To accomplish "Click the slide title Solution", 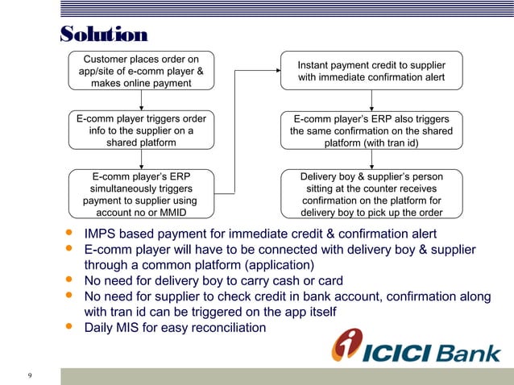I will pos(104,35).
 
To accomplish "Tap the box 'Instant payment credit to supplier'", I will pos(371,71).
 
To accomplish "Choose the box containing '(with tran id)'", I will pos(371,130).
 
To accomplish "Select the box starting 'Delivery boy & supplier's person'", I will pos(371,194).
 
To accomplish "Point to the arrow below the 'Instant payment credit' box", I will pos(371,100).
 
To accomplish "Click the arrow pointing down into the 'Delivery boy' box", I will pos(371,159).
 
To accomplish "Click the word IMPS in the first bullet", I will pos(102,234).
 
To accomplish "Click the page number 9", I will pos(30,376).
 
